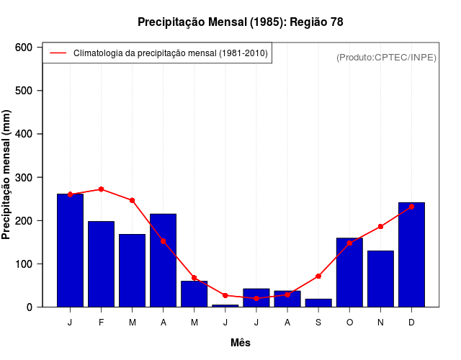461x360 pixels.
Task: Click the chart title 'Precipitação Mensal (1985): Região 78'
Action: (240, 22)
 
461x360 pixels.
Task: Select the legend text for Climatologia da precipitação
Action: (171, 53)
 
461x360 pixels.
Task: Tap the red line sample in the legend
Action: (58, 53)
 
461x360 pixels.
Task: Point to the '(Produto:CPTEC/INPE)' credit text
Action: (387, 58)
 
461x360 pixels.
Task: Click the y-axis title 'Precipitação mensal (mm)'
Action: (7, 175)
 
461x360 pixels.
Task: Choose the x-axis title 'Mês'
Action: (241, 343)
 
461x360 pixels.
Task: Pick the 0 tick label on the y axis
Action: (30, 307)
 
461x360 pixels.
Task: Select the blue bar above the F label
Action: (101, 264)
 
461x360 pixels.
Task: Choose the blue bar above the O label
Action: (349, 272)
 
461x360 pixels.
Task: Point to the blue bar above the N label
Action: (380, 279)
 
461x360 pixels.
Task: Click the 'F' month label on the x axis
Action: (101, 323)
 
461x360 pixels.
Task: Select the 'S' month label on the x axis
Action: (318, 323)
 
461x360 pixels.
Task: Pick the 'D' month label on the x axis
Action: (411, 323)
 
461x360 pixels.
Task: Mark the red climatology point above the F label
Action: (101, 189)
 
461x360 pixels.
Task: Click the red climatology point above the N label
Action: (380, 226)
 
